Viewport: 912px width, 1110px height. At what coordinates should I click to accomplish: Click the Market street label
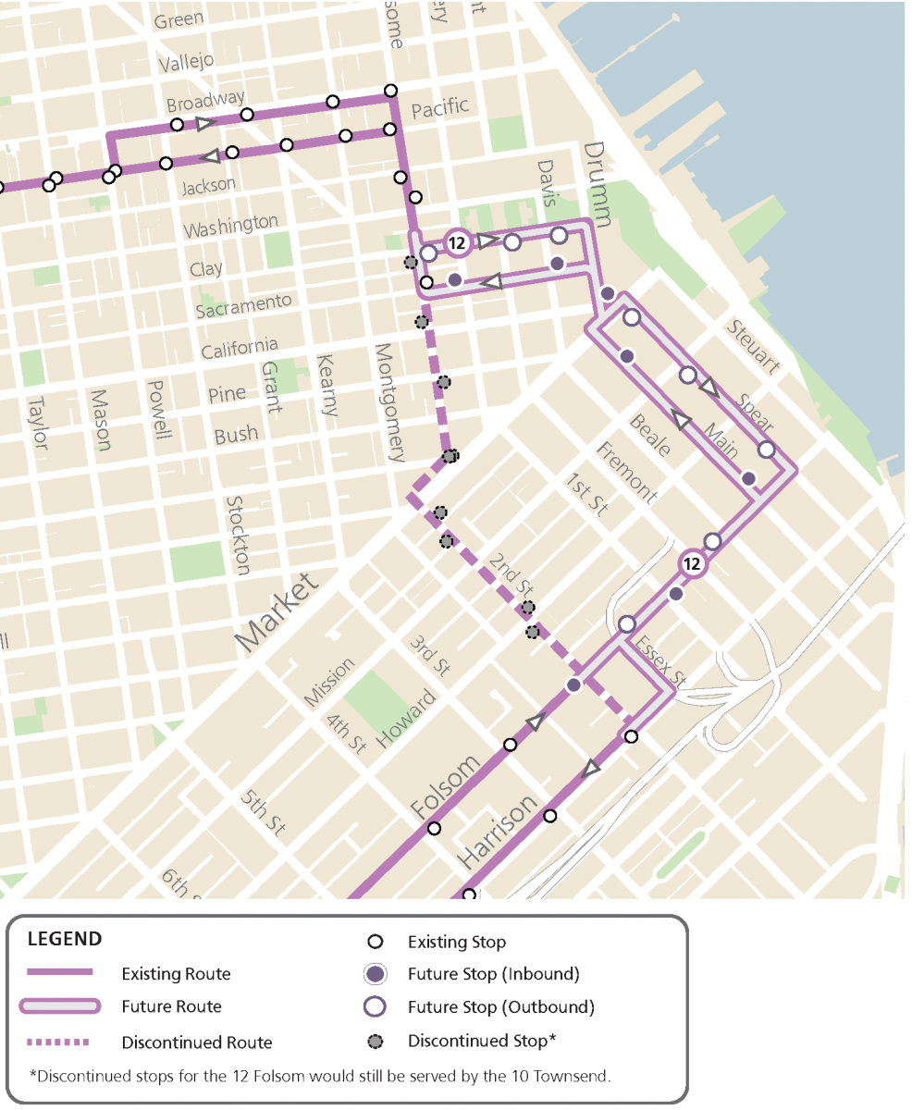277,610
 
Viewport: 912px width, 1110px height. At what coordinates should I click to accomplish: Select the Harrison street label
498,831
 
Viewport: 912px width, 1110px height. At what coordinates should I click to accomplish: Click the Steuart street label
754,347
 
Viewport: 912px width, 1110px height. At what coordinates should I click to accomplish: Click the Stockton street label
239,535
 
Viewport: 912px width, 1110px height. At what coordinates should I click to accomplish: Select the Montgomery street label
389,402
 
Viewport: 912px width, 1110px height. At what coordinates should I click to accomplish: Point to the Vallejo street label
186,62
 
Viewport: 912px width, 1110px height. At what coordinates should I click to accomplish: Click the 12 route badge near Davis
456,243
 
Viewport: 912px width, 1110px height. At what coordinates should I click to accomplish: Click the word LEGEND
65,939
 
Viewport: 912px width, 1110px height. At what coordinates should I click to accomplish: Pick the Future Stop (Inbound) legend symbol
375,974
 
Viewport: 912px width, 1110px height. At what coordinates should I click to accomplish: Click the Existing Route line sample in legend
59,973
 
